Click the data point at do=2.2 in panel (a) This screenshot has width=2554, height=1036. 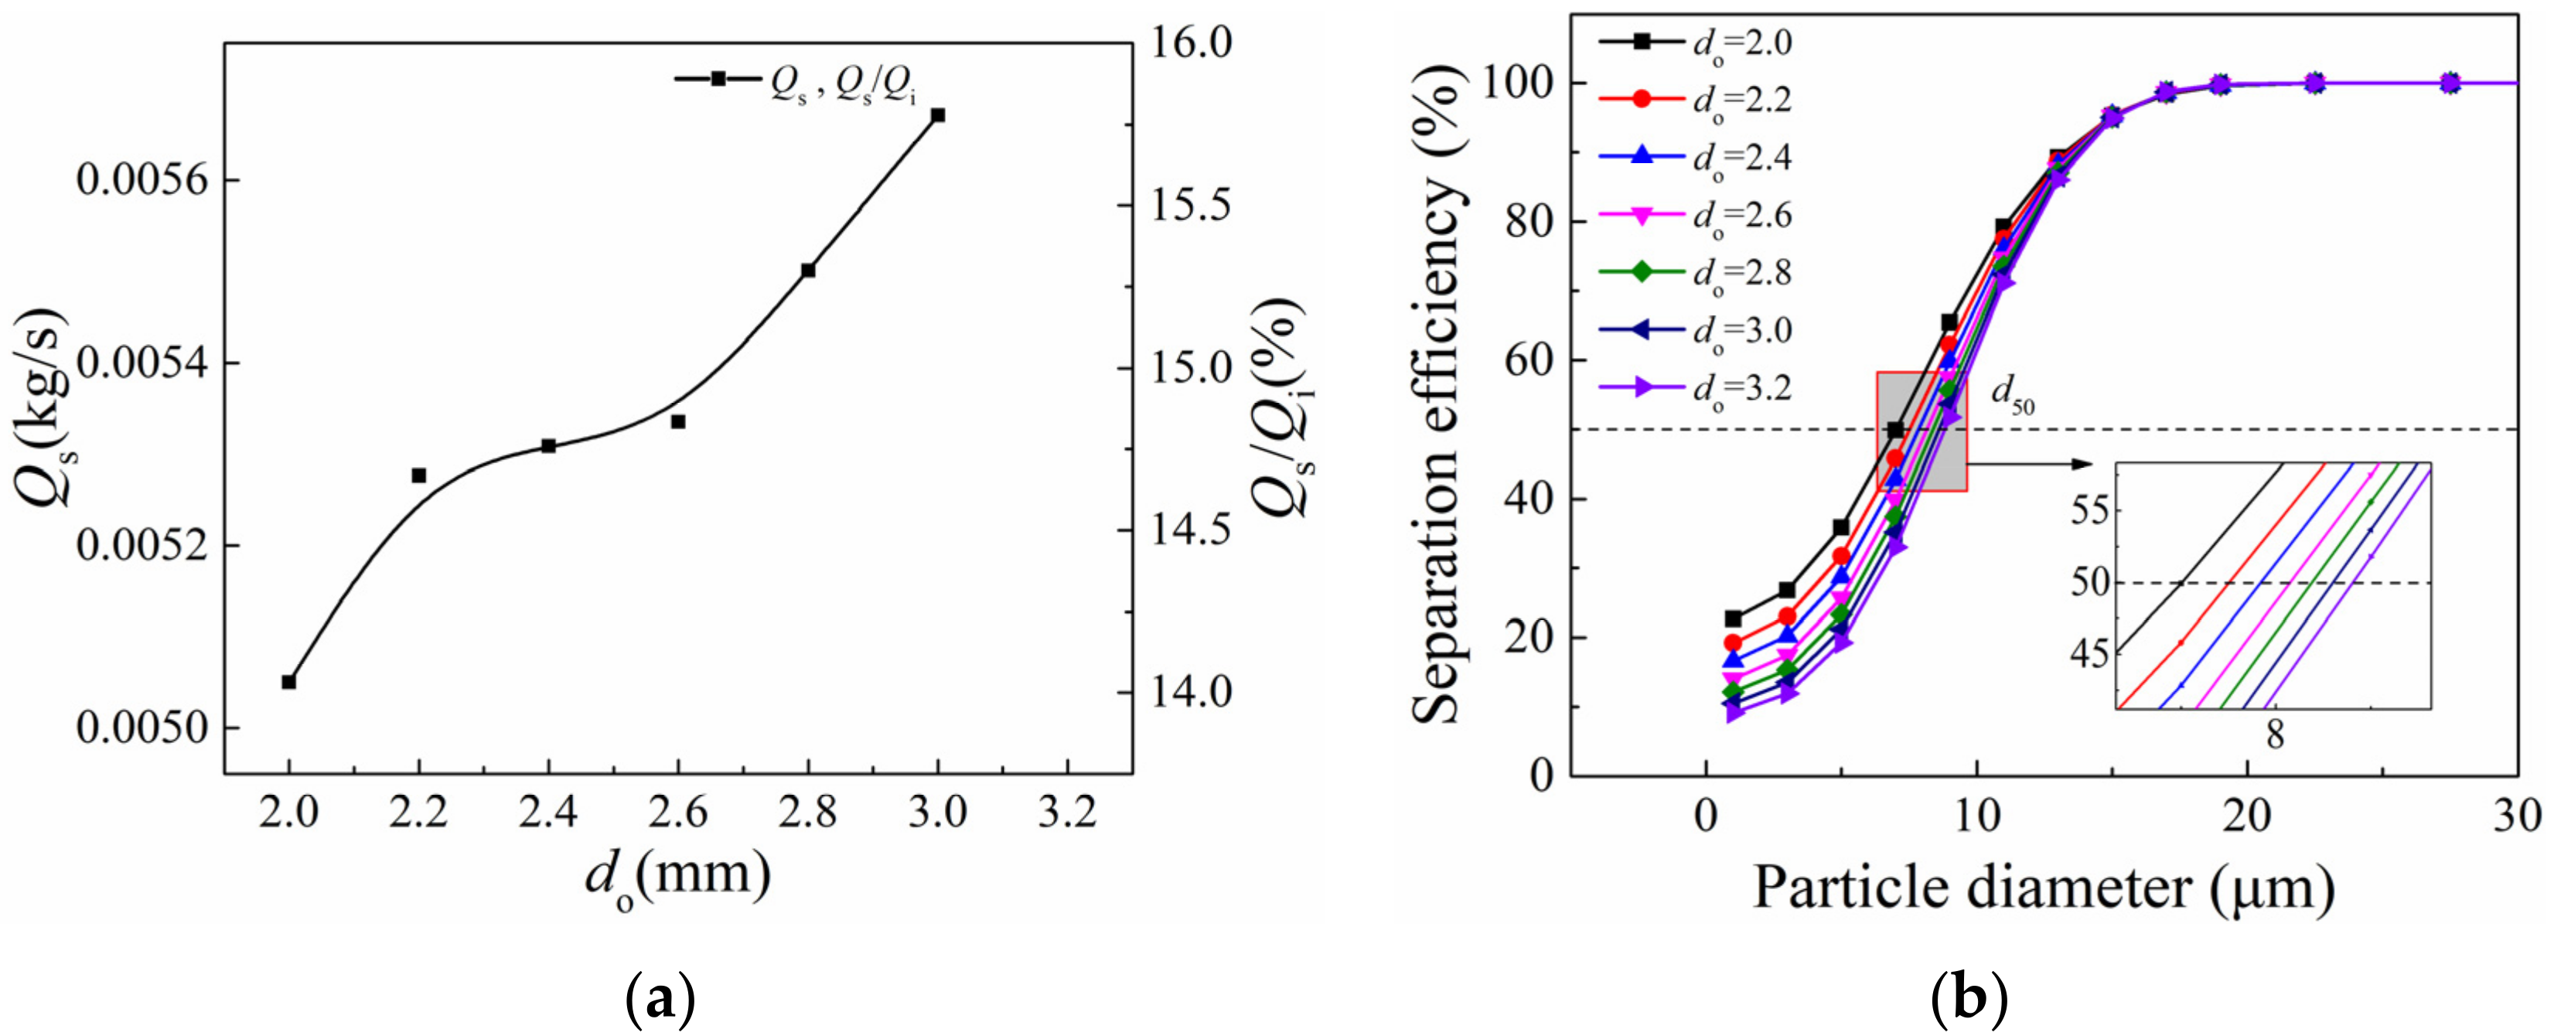click(418, 476)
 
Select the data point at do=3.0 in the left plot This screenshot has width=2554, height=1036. click(938, 115)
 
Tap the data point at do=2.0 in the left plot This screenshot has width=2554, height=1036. click(288, 682)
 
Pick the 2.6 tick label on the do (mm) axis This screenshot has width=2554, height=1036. click(678, 813)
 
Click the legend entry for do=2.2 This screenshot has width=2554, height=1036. click(1696, 101)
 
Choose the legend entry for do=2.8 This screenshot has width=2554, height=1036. click(1696, 273)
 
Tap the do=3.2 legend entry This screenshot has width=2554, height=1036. click(1696, 387)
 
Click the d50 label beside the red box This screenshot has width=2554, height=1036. click(2013, 396)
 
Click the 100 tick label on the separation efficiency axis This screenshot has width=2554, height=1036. click(1518, 84)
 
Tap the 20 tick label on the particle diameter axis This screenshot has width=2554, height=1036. click(2247, 814)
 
